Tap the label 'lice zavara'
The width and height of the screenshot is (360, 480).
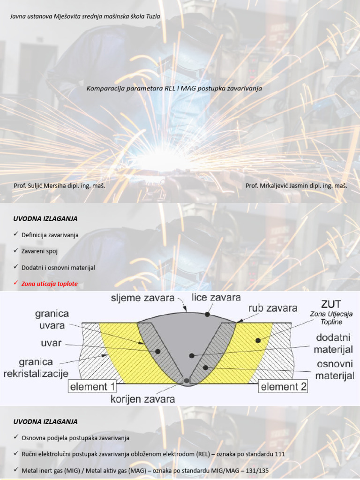point(216,297)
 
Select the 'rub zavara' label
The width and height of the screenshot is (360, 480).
point(273,308)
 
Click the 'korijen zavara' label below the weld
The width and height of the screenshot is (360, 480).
point(142,399)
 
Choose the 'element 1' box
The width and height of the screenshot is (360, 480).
point(92,387)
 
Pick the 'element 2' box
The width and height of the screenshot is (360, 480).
point(284,387)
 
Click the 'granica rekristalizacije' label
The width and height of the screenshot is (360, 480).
point(36,368)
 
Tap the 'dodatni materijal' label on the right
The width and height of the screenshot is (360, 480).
point(334,343)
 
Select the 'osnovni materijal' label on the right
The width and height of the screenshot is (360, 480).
point(334,370)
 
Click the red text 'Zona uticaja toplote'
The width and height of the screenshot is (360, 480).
point(50,284)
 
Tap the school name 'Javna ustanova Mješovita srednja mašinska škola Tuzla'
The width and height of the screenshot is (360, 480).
point(85,16)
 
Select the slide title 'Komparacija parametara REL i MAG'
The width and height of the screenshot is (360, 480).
point(174,89)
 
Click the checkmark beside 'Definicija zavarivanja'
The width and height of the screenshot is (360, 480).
point(15,234)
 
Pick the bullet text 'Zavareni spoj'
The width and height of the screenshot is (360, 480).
point(39,251)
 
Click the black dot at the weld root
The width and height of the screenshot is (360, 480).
point(187,381)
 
